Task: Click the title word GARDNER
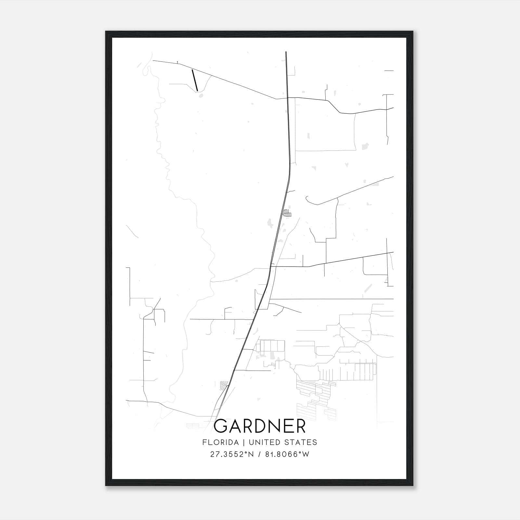pyautogui.click(x=260, y=426)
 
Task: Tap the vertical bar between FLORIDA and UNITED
pyautogui.click(x=240, y=442)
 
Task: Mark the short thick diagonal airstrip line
pyautogui.click(x=195, y=80)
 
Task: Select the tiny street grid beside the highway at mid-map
pyautogui.click(x=287, y=213)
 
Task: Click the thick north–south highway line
pyautogui.click(x=287, y=130)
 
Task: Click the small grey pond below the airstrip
pyautogui.click(x=201, y=96)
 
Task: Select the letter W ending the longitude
pyautogui.click(x=306, y=454)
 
